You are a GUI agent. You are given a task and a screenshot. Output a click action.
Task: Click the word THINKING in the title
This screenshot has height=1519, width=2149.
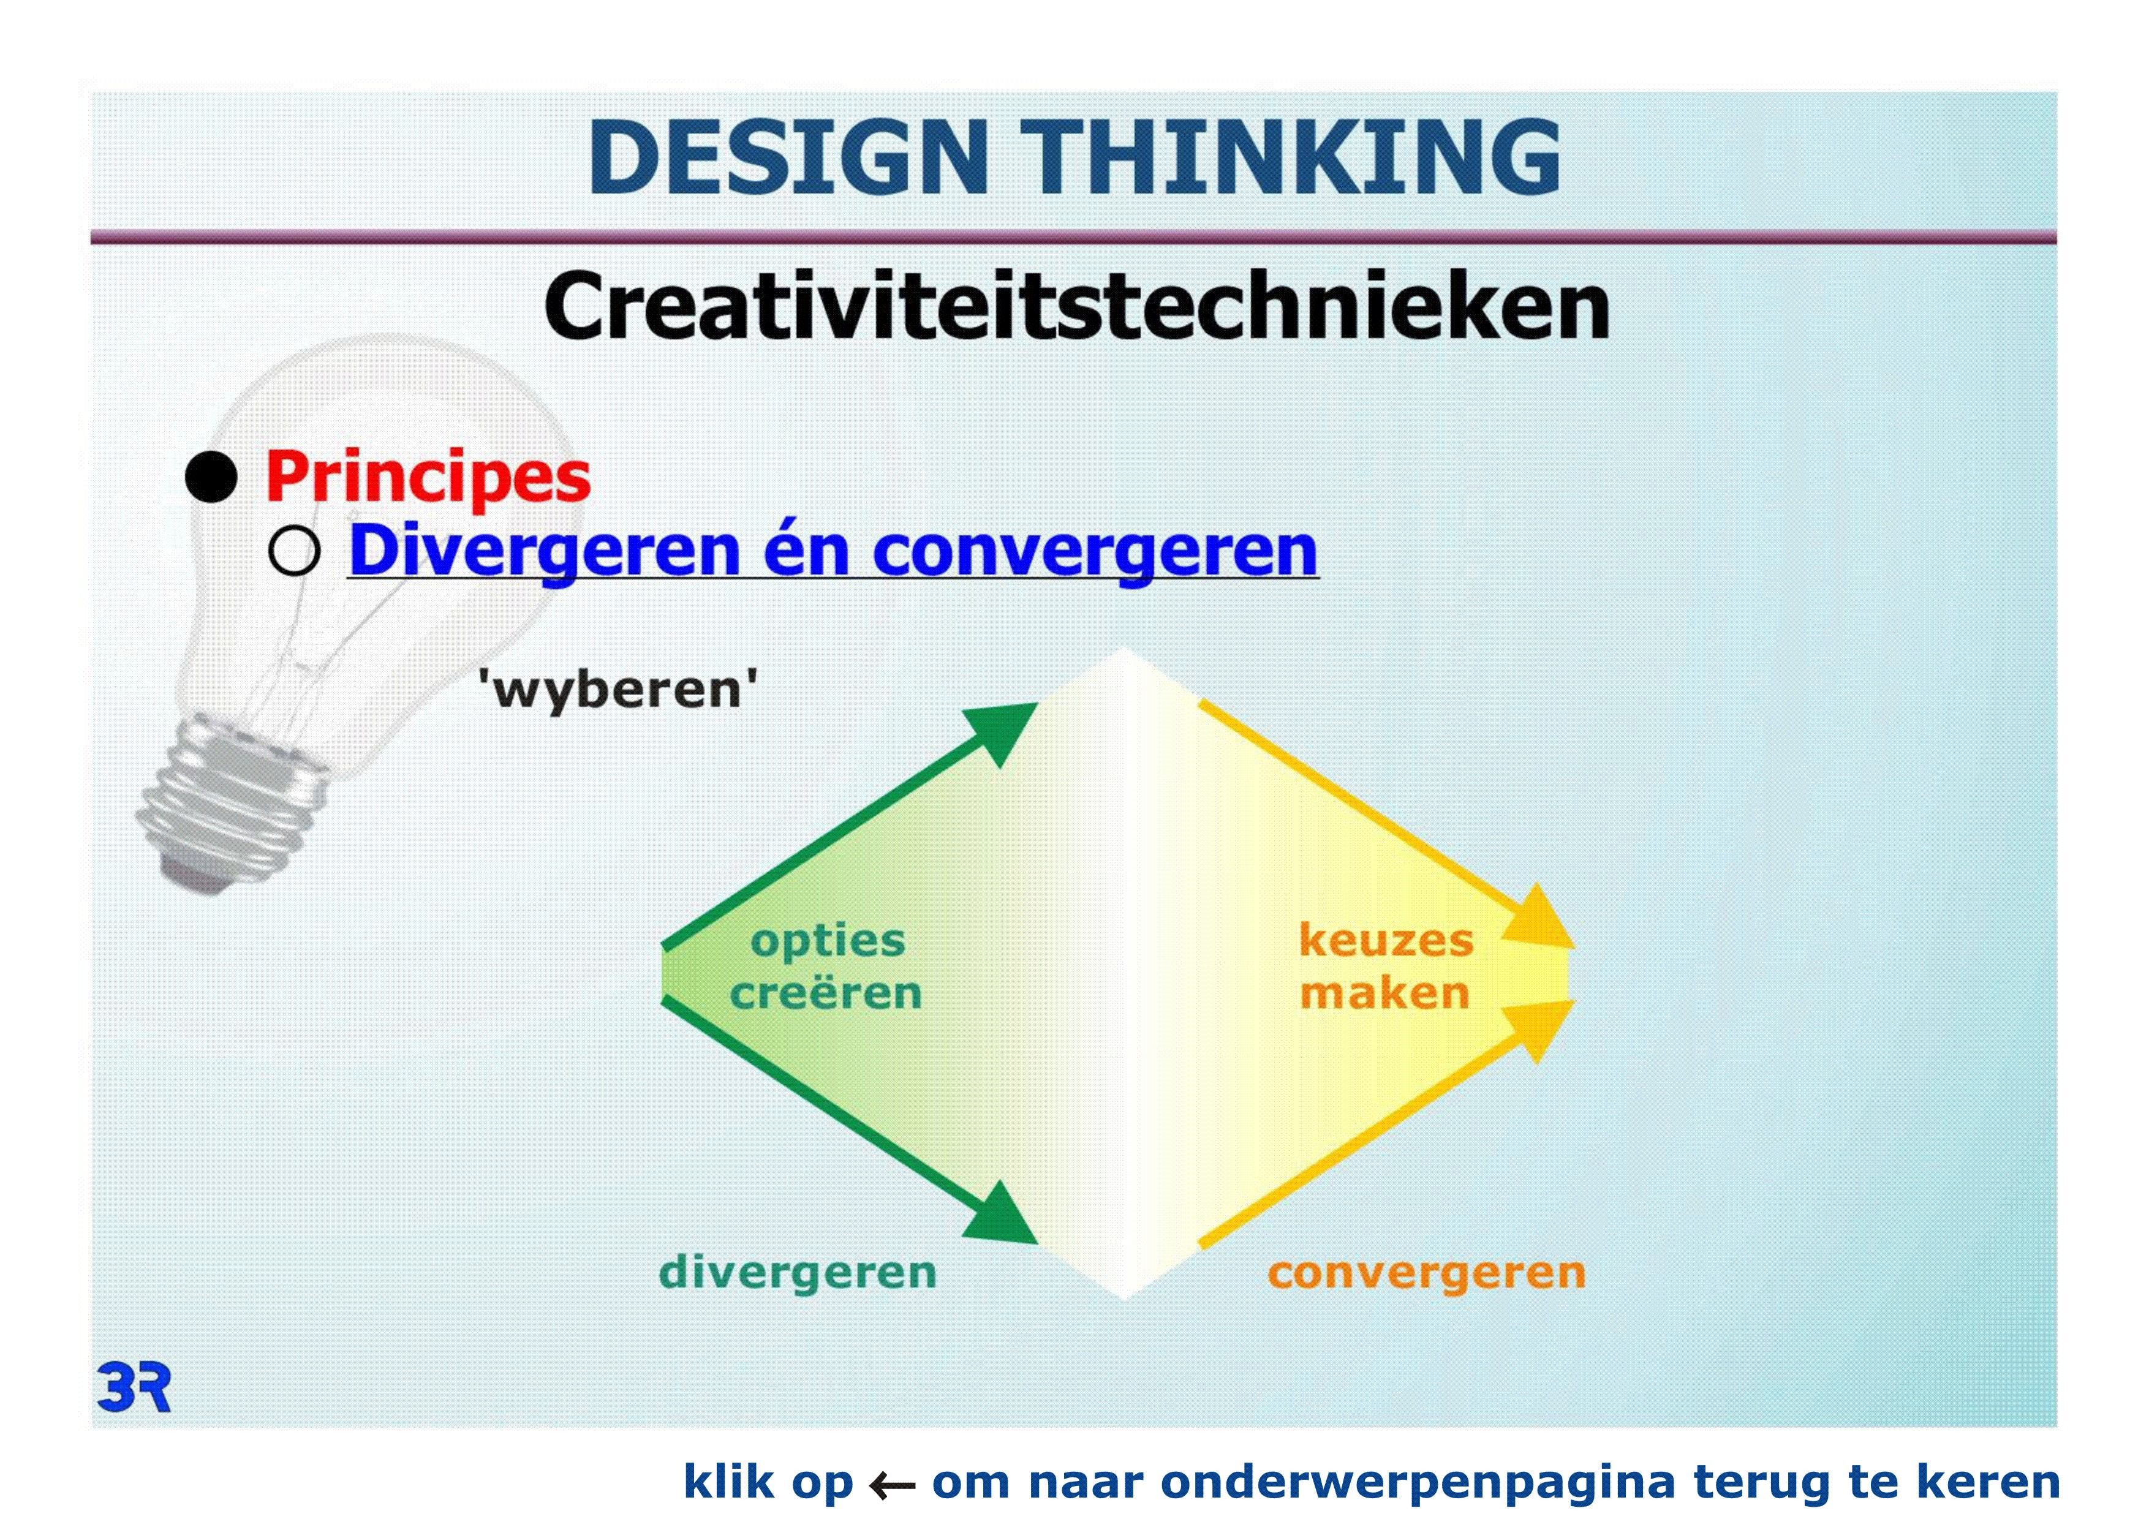tap(1291, 157)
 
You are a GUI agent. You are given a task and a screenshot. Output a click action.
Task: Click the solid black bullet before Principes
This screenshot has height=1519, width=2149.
tap(211, 477)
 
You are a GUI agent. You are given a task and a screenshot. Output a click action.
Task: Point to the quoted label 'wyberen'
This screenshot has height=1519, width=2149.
tap(618, 690)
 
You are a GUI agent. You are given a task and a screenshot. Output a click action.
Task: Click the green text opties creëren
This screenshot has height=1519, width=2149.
tap(826, 967)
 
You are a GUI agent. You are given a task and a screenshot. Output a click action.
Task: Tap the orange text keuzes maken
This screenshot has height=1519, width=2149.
tap(1386, 967)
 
